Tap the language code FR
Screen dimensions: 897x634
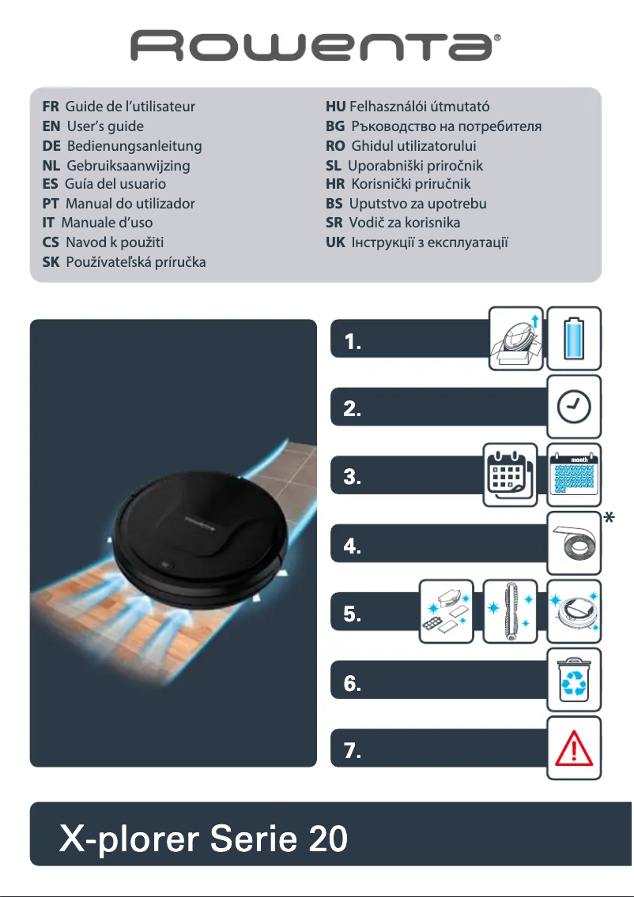click(x=51, y=107)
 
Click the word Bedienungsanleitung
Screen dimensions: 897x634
click(x=134, y=146)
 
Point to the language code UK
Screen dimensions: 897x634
click(x=335, y=242)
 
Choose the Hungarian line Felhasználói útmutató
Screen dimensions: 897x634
click(x=420, y=107)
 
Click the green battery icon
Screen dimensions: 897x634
click(x=574, y=338)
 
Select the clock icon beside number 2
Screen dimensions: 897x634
click(x=574, y=407)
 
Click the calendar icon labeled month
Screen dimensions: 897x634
click(x=574, y=475)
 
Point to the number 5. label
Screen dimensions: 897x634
click(x=353, y=614)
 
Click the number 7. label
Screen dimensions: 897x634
click(x=353, y=752)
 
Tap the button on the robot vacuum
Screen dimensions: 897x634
click(x=163, y=565)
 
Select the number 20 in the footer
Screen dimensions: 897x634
click(x=327, y=838)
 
